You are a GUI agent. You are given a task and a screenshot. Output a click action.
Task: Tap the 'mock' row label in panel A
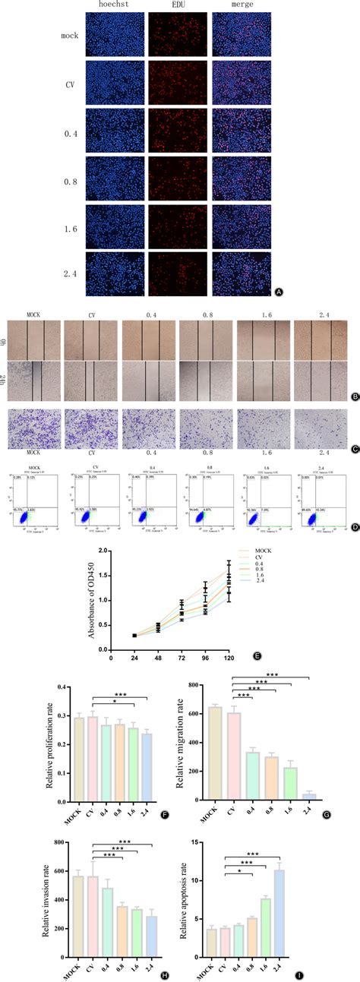pos(69,34)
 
